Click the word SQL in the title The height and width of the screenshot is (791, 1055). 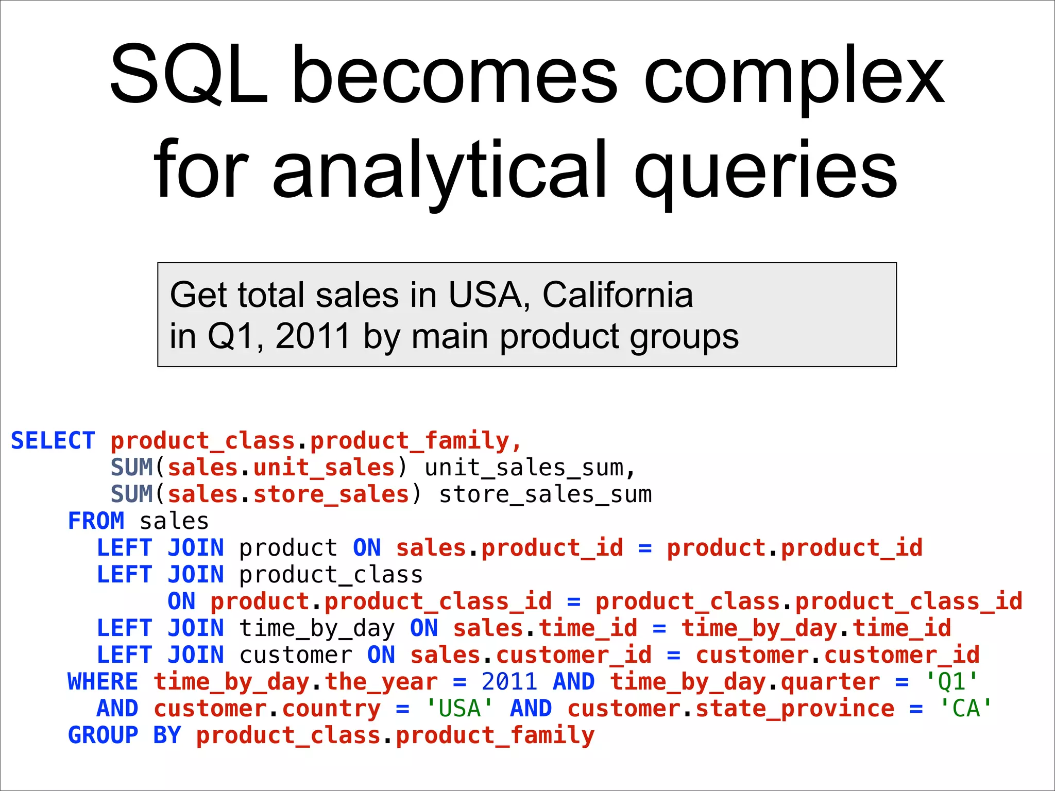point(188,75)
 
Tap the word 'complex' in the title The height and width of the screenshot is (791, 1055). point(794,77)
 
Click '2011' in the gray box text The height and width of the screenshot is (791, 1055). point(313,336)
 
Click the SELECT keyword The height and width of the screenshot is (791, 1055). point(53,441)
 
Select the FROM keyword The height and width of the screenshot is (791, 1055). point(96,521)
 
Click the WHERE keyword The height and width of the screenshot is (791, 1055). point(103,682)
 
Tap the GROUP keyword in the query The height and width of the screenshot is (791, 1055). point(103,735)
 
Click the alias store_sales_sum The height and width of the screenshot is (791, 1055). point(545,494)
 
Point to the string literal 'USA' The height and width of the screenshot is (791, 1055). point(460,709)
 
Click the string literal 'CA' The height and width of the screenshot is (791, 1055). point(965,709)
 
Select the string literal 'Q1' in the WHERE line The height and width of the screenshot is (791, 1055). point(951,682)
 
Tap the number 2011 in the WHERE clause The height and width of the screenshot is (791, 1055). point(509,682)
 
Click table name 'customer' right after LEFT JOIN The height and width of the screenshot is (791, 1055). point(296,655)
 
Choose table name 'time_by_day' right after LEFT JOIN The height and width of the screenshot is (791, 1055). point(317,628)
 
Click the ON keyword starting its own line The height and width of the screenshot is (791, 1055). point(181,601)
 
